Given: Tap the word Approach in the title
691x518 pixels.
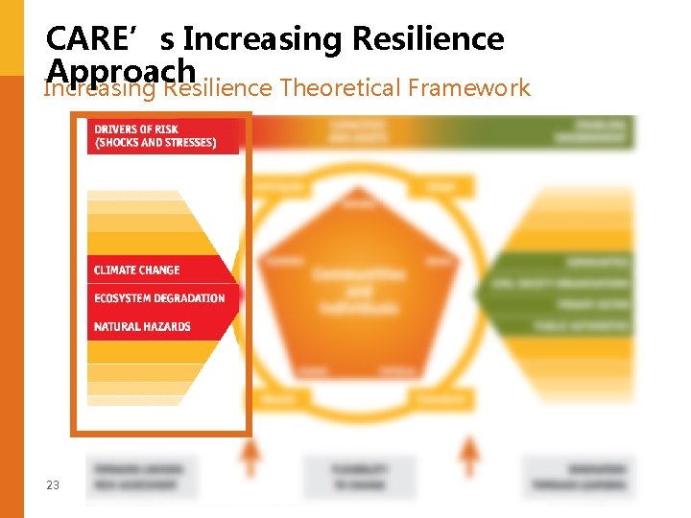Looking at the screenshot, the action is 121,69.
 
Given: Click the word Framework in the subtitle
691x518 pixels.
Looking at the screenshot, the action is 468,89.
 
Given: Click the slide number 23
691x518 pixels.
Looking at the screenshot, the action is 53,485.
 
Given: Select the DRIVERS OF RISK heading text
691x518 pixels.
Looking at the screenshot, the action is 136,129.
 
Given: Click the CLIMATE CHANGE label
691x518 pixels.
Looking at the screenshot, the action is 137,271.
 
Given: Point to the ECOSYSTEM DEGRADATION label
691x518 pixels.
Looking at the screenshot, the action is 159,298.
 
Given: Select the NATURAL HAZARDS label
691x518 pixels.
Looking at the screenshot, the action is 142,327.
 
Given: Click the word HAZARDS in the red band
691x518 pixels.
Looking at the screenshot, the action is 167,327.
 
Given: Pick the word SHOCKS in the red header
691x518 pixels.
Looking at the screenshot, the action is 121,144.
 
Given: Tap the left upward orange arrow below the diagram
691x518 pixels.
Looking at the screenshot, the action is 250,456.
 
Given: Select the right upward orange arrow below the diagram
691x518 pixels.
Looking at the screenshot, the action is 469,456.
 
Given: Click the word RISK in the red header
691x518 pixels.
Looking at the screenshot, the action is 164,129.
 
